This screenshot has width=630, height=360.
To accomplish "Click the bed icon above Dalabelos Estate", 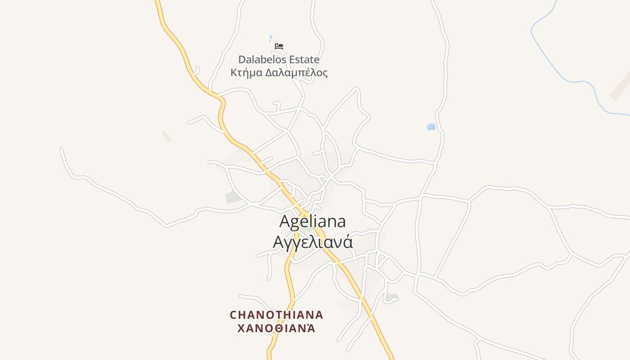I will [x=279, y=46].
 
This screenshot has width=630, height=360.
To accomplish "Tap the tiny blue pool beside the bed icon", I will [x=270, y=38].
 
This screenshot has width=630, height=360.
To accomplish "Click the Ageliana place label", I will [x=312, y=221].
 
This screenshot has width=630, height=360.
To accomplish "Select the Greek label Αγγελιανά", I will [x=312, y=242].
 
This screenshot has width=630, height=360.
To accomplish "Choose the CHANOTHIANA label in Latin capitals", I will [x=276, y=315].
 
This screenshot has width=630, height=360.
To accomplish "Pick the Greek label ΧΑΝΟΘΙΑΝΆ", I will [x=276, y=328].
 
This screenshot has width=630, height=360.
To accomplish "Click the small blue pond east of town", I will [x=431, y=127].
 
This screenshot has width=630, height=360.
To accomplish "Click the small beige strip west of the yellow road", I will [x=166, y=136].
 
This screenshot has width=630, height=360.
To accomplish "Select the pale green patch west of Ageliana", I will [x=233, y=197].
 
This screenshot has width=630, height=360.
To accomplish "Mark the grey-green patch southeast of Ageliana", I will [x=391, y=297].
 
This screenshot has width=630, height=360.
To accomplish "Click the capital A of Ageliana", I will [x=285, y=221].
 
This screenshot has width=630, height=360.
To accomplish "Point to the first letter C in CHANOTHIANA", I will [x=234, y=315].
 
